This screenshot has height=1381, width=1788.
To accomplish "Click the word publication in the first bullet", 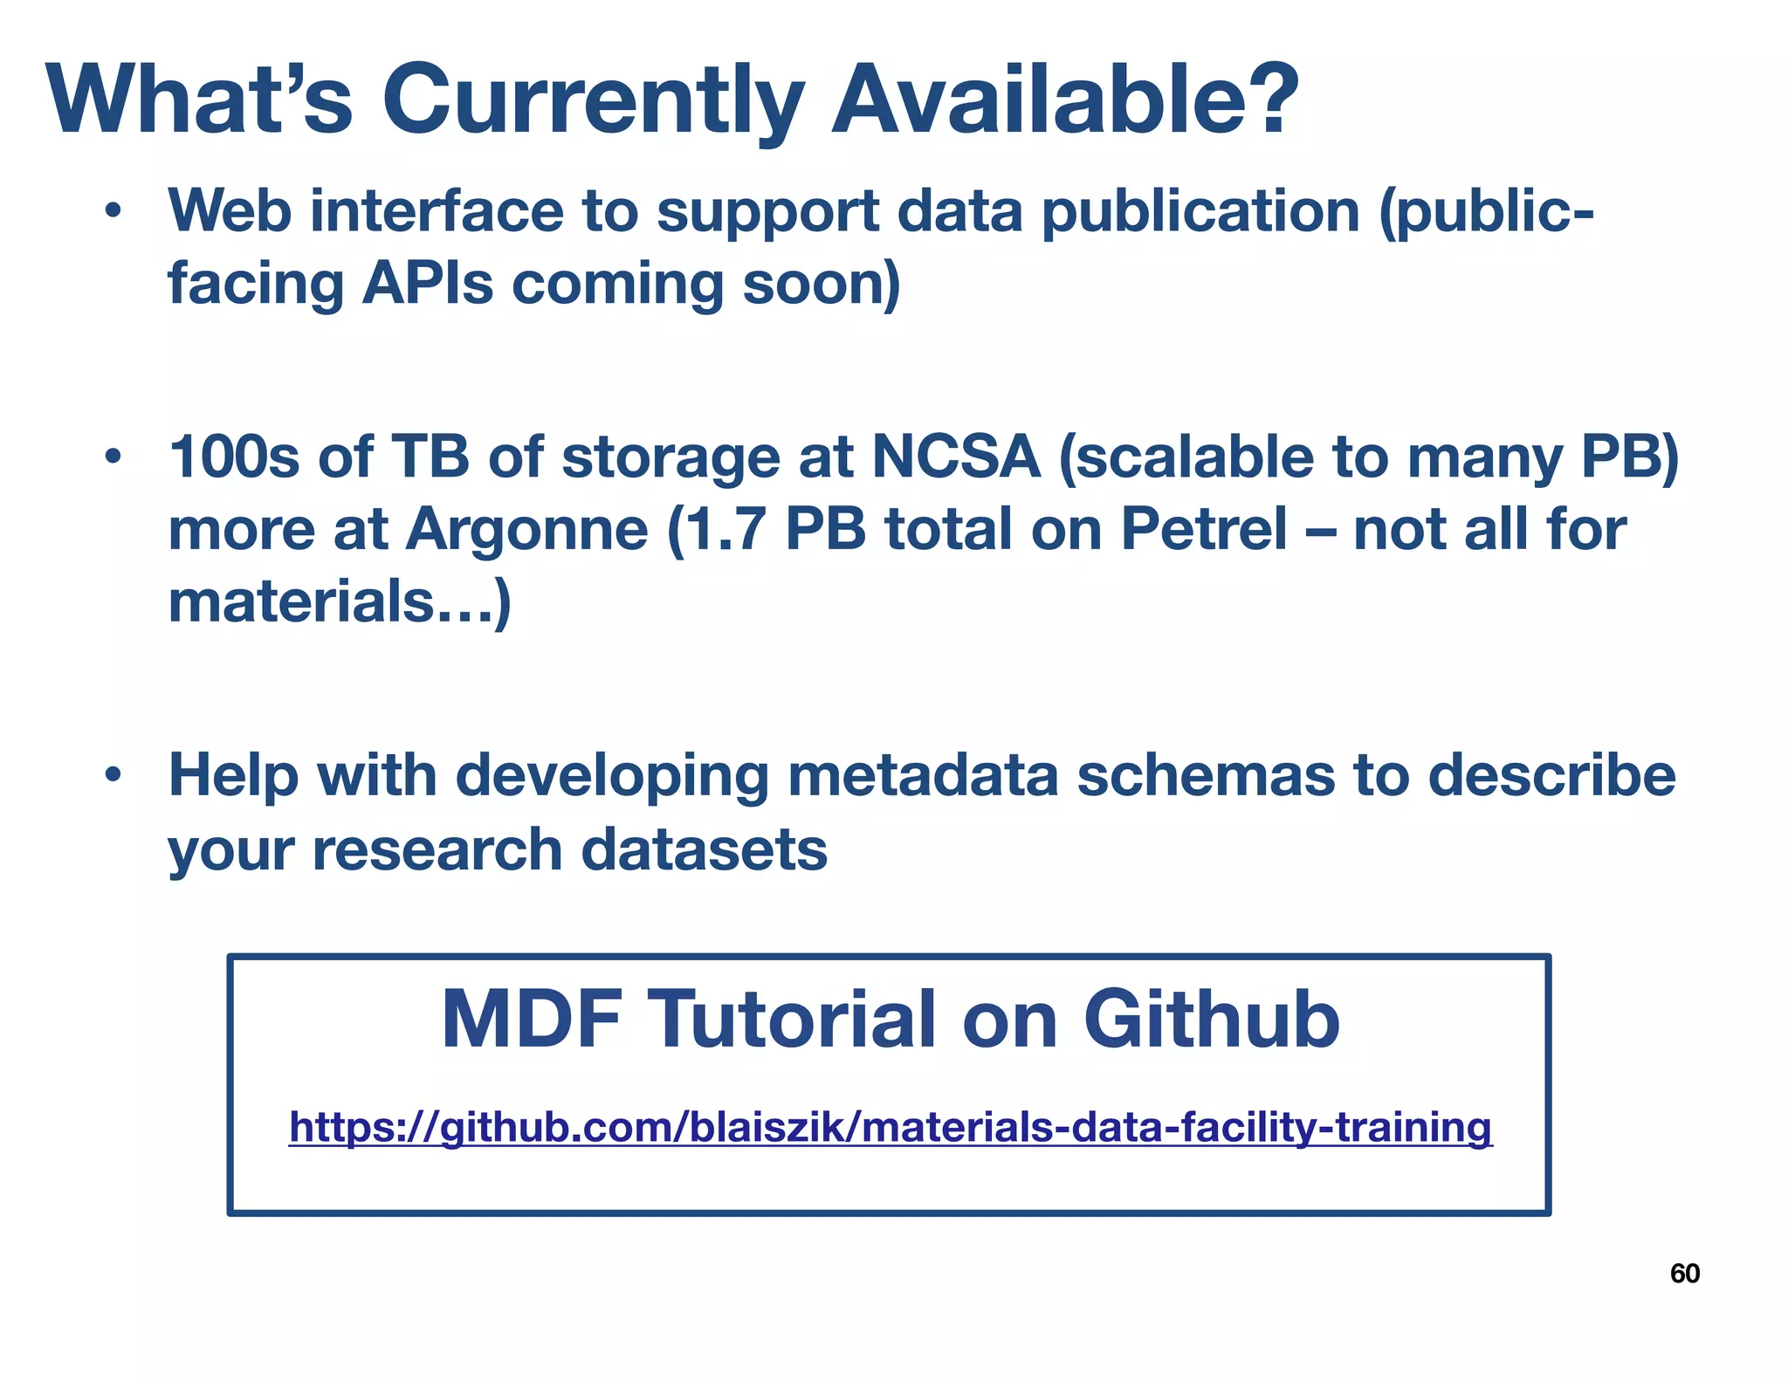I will (1200, 212).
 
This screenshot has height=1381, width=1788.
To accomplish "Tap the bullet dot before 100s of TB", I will (111, 458).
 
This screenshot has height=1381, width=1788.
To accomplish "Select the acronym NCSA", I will (956, 458).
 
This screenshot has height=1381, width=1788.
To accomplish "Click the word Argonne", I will (526, 530).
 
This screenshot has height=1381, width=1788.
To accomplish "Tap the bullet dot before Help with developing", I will (111, 776).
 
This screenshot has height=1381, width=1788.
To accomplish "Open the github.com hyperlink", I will (891, 1127).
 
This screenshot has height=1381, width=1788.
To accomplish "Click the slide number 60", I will (1684, 1274).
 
